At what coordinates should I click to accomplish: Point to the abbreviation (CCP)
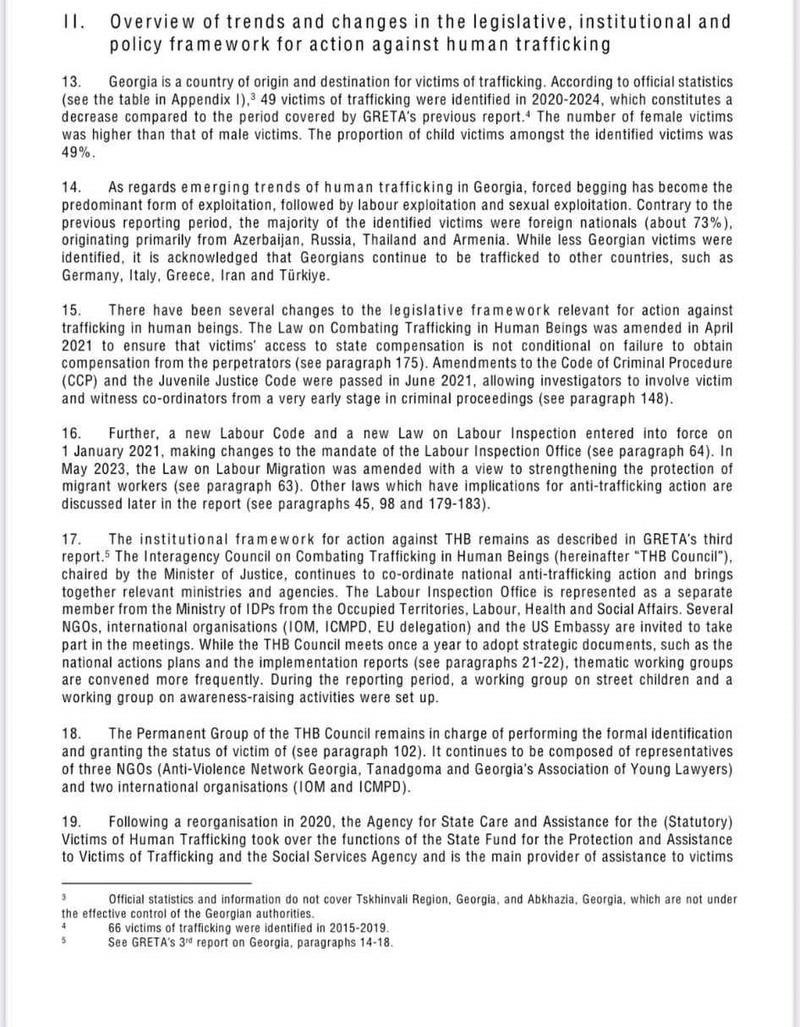pos(78,382)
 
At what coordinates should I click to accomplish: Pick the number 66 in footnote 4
pos(116,926)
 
